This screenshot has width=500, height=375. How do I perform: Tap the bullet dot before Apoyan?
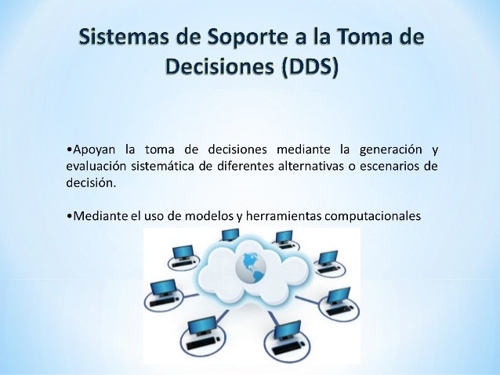(69, 150)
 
